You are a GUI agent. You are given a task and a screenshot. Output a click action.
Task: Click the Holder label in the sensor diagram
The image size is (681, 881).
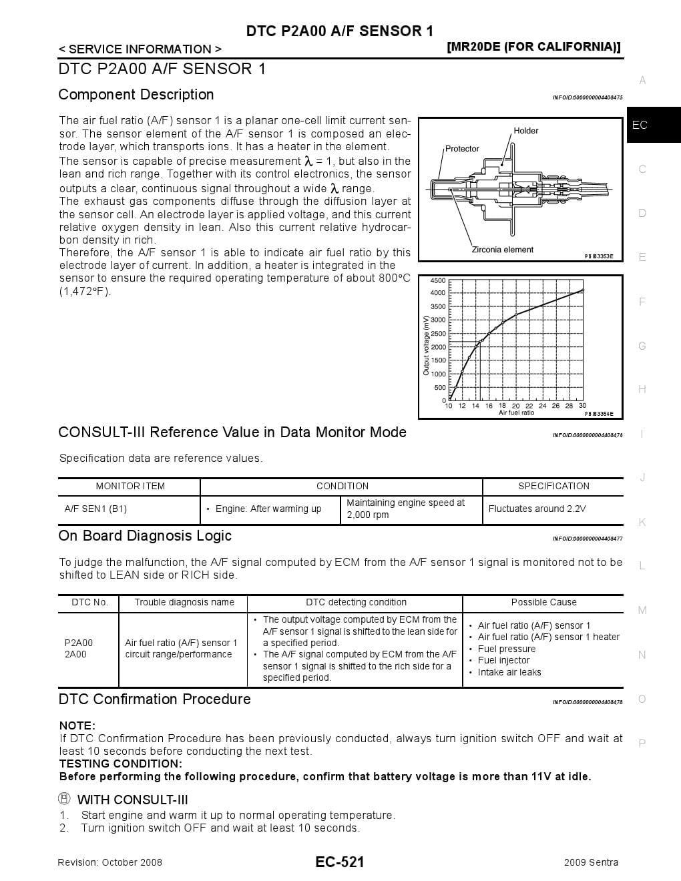click(525, 131)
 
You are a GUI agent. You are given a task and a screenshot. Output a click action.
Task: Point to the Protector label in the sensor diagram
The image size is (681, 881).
click(462, 149)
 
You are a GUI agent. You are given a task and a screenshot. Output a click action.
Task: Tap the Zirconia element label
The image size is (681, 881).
click(502, 250)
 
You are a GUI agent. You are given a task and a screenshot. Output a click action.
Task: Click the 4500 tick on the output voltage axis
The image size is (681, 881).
click(438, 281)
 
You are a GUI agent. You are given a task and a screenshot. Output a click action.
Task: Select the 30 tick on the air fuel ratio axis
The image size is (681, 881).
click(582, 406)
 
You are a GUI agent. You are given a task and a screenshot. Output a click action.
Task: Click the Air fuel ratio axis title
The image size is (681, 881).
click(516, 413)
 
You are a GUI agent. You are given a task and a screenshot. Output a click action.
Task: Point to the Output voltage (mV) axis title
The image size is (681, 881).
click(426, 345)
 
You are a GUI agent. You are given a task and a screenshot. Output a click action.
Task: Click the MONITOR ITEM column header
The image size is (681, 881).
click(130, 486)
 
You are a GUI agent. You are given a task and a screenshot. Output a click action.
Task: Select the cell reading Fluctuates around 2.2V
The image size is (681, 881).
click(537, 509)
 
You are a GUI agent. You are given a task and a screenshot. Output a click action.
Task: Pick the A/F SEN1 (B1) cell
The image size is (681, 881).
click(95, 509)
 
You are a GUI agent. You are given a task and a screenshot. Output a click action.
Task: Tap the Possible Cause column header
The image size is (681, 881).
click(543, 602)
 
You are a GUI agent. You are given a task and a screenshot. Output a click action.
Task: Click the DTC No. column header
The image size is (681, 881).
click(89, 602)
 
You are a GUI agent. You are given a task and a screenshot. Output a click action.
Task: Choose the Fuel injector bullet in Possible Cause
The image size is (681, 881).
click(504, 660)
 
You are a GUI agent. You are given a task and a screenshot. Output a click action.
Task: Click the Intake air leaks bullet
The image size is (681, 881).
click(509, 672)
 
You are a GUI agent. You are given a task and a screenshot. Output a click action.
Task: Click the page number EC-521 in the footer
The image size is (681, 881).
click(340, 862)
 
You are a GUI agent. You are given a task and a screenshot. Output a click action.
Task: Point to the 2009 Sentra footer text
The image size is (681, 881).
click(591, 862)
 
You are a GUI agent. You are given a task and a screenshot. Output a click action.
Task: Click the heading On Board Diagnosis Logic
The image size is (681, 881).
click(145, 536)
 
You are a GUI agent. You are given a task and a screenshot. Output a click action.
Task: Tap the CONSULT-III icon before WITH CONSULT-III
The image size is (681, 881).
click(65, 799)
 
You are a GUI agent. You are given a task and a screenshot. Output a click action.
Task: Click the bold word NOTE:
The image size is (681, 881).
click(77, 725)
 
